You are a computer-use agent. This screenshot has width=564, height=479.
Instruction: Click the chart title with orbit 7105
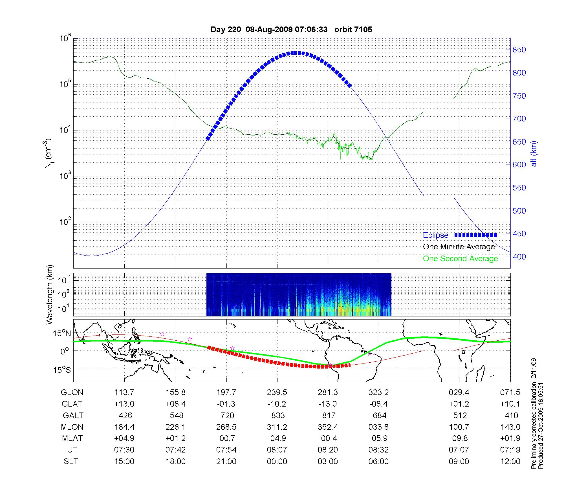291,30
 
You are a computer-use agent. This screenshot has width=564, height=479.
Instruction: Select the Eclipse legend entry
435,235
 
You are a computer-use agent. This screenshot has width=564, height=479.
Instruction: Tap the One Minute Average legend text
459,247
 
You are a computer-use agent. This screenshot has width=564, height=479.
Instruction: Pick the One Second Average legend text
460,259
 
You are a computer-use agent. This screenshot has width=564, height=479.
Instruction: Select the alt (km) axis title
534,154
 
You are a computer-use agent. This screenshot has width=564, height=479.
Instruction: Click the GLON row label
72,392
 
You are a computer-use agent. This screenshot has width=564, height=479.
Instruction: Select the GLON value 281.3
328,392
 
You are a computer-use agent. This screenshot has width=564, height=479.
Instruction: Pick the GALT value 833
277,416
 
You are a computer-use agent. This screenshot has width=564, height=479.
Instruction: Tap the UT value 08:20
328,450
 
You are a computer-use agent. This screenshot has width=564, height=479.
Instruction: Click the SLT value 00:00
277,462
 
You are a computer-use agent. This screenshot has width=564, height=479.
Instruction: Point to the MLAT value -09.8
459,438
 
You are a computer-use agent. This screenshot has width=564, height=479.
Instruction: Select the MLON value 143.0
510,427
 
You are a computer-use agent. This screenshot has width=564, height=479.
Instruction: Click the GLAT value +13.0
124,404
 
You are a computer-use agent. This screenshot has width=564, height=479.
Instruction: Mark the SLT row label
71,462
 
